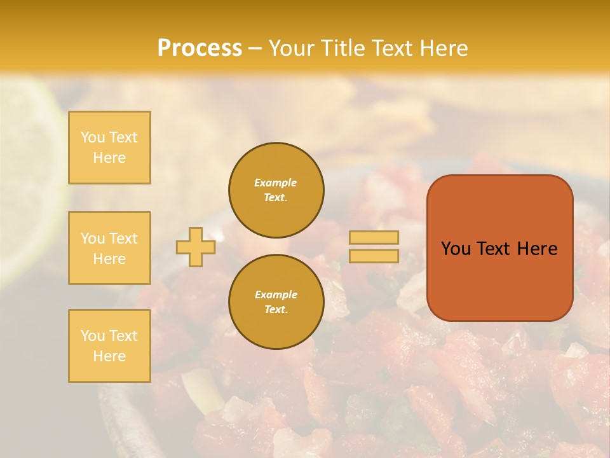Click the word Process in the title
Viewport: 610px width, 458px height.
click(x=200, y=48)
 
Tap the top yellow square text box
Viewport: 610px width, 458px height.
click(x=109, y=148)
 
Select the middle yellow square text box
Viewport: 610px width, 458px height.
click(x=109, y=248)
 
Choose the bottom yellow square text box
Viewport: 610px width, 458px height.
click(x=109, y=345)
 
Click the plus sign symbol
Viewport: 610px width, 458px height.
click(x=196, y=247)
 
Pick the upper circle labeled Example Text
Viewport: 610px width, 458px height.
click(x=276, y=190)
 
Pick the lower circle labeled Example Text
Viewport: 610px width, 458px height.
click(x=276, y=302)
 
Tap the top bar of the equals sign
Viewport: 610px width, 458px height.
click(x=374, y=237)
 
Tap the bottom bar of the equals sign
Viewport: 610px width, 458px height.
click(x=374, y=256)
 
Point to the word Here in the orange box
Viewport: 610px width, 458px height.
click(x=536, y=249)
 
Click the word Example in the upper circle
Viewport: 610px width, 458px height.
click(x=276, y=183)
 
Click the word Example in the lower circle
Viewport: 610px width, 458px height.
click(x=276, y=295)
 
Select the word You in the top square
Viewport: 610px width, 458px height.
click(x=92, y=137)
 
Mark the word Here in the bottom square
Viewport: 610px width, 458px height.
click(x=109, y=356)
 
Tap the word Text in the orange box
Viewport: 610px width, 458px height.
click(x=493, y=249)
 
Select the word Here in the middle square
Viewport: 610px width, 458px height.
click(x=109, y=259)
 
